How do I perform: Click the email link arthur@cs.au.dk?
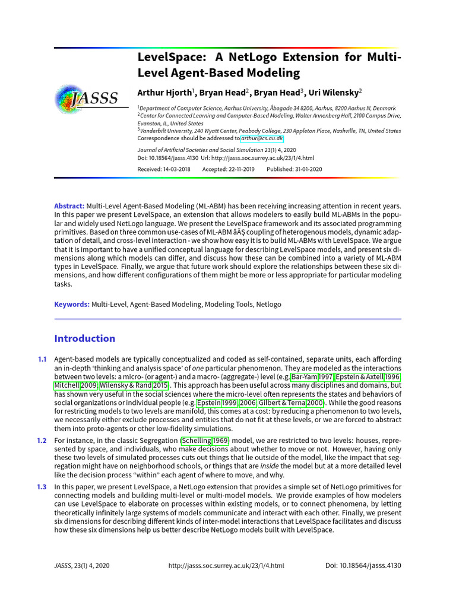262,138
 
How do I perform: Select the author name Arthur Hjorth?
164,93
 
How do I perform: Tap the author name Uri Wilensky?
334,93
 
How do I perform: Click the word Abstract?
69,205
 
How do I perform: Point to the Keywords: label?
72,304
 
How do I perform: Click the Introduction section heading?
84,338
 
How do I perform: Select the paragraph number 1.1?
42,360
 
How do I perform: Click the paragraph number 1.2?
42,441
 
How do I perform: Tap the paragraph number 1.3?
42,487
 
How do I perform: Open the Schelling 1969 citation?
204,441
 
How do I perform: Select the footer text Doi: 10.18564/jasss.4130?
363,566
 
